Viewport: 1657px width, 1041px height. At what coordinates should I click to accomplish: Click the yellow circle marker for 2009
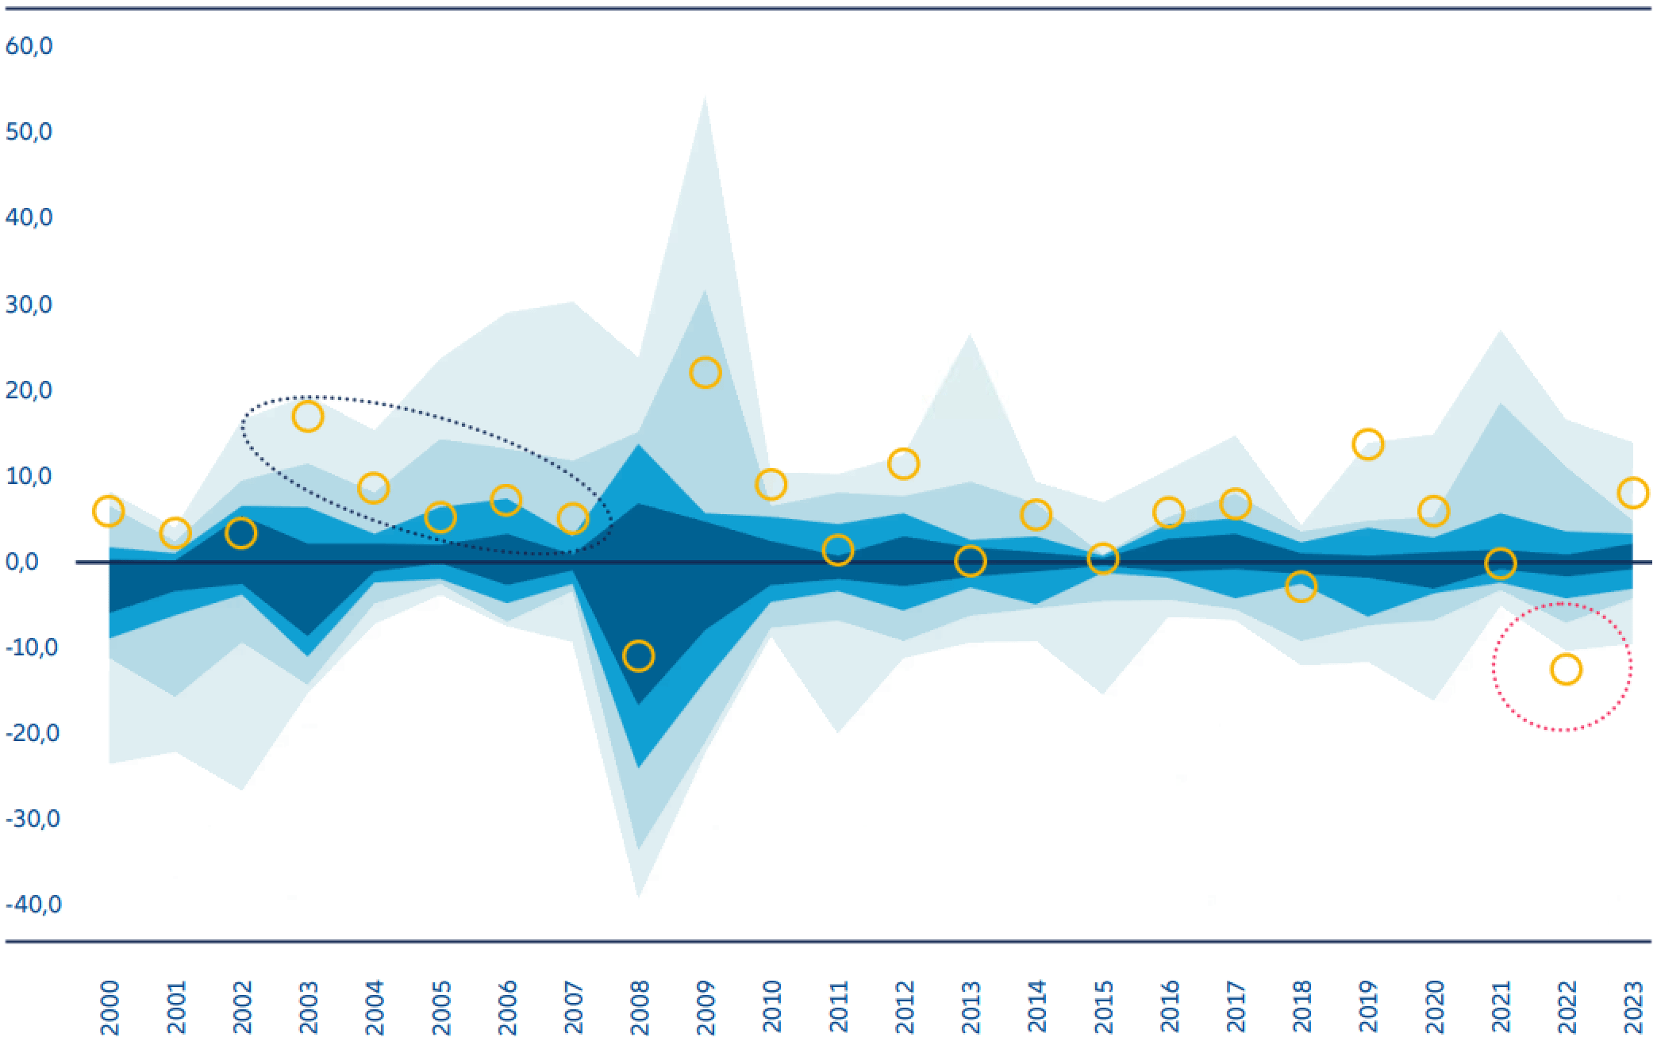[705, 372]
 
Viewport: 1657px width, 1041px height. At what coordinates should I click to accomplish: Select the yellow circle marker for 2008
[638, 656]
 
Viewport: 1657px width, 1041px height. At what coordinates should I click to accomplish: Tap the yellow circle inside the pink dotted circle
[1566, 670]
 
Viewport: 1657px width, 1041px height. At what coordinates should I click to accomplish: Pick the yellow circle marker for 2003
[308, 417]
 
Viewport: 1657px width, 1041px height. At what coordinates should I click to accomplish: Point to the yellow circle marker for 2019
[1367, 444]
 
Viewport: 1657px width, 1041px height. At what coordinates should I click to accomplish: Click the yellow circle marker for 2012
[903, 463]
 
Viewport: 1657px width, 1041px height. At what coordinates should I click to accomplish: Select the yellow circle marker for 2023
[1632, 493]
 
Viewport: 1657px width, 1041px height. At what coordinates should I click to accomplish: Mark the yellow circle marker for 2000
[108, 511]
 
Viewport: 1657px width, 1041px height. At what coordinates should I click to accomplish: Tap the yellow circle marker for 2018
[1301, 586]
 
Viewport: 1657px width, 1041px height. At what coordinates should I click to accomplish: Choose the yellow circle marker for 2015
[1102, 559]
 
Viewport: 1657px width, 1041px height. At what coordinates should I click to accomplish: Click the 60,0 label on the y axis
[29, 46]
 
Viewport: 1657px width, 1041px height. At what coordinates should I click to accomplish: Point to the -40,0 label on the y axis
[33, 904]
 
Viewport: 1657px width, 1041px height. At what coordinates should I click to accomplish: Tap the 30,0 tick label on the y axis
[29, 304]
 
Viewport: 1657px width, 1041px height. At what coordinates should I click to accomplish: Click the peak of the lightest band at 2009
[705, 98]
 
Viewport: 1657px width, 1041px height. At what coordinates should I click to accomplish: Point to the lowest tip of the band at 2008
[638, 897]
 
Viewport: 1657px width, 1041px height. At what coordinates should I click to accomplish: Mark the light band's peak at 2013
[970, 336]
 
